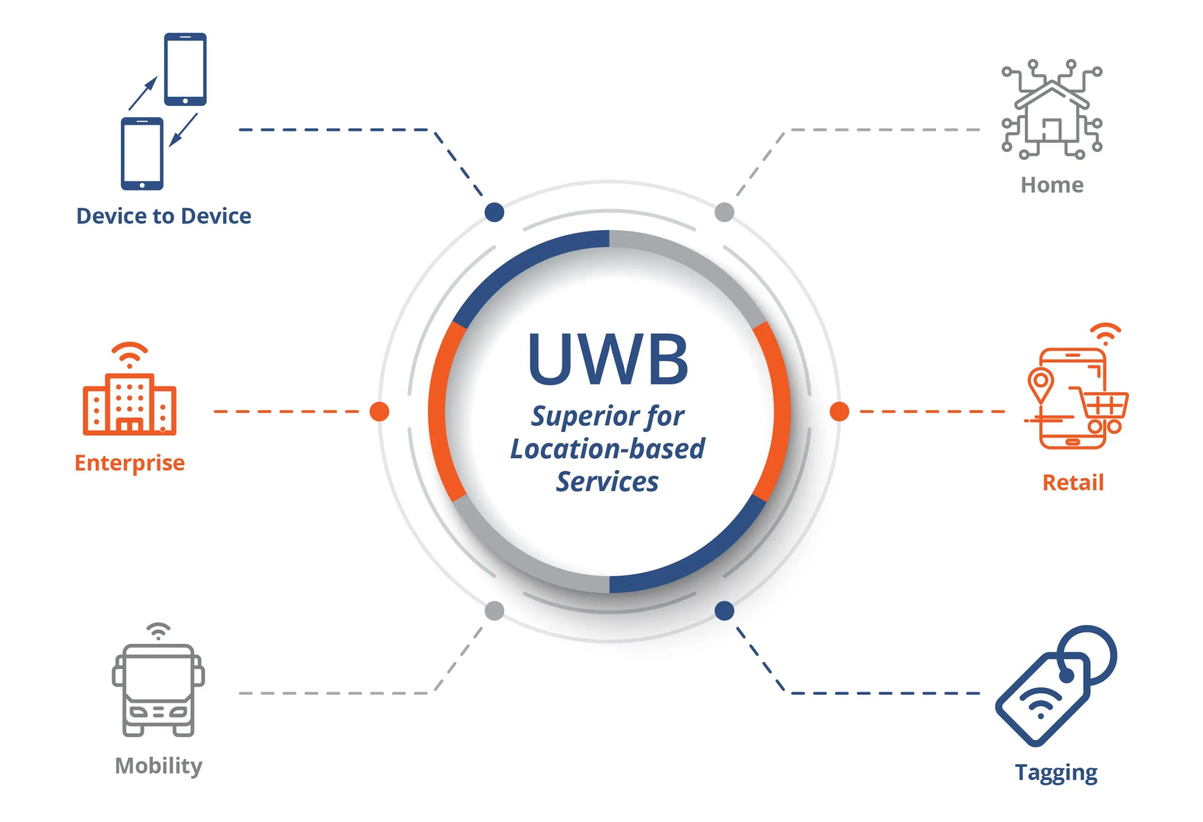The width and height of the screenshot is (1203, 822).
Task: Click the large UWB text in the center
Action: (x=608, y=359)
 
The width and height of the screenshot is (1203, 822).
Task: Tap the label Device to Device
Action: (x=164, y=216)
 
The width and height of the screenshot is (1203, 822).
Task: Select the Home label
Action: (x=1051, y=185)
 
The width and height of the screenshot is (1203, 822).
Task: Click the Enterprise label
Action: (x=129, y=463)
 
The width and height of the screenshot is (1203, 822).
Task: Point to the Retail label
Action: (x=1072, y=482)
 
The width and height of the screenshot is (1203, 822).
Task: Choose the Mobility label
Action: (x=158, y=765)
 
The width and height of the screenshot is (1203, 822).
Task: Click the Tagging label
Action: (x=1055, y=772)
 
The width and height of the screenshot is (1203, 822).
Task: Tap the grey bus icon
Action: (x=158, y=689)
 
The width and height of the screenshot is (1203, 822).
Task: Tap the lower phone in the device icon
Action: (x=142, y=154)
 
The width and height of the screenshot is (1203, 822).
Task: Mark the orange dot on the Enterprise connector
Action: (x=379, y=412)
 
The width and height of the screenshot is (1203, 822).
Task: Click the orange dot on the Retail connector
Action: (x=839, y=412)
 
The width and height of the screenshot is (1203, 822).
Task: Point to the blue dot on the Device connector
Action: (x=494, y=212)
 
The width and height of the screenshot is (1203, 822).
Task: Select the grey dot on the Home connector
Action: (x=724, y=212)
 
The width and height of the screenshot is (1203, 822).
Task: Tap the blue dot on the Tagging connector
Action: (x=724, y=611)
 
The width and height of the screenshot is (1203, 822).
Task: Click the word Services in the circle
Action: (x=607, y=482)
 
